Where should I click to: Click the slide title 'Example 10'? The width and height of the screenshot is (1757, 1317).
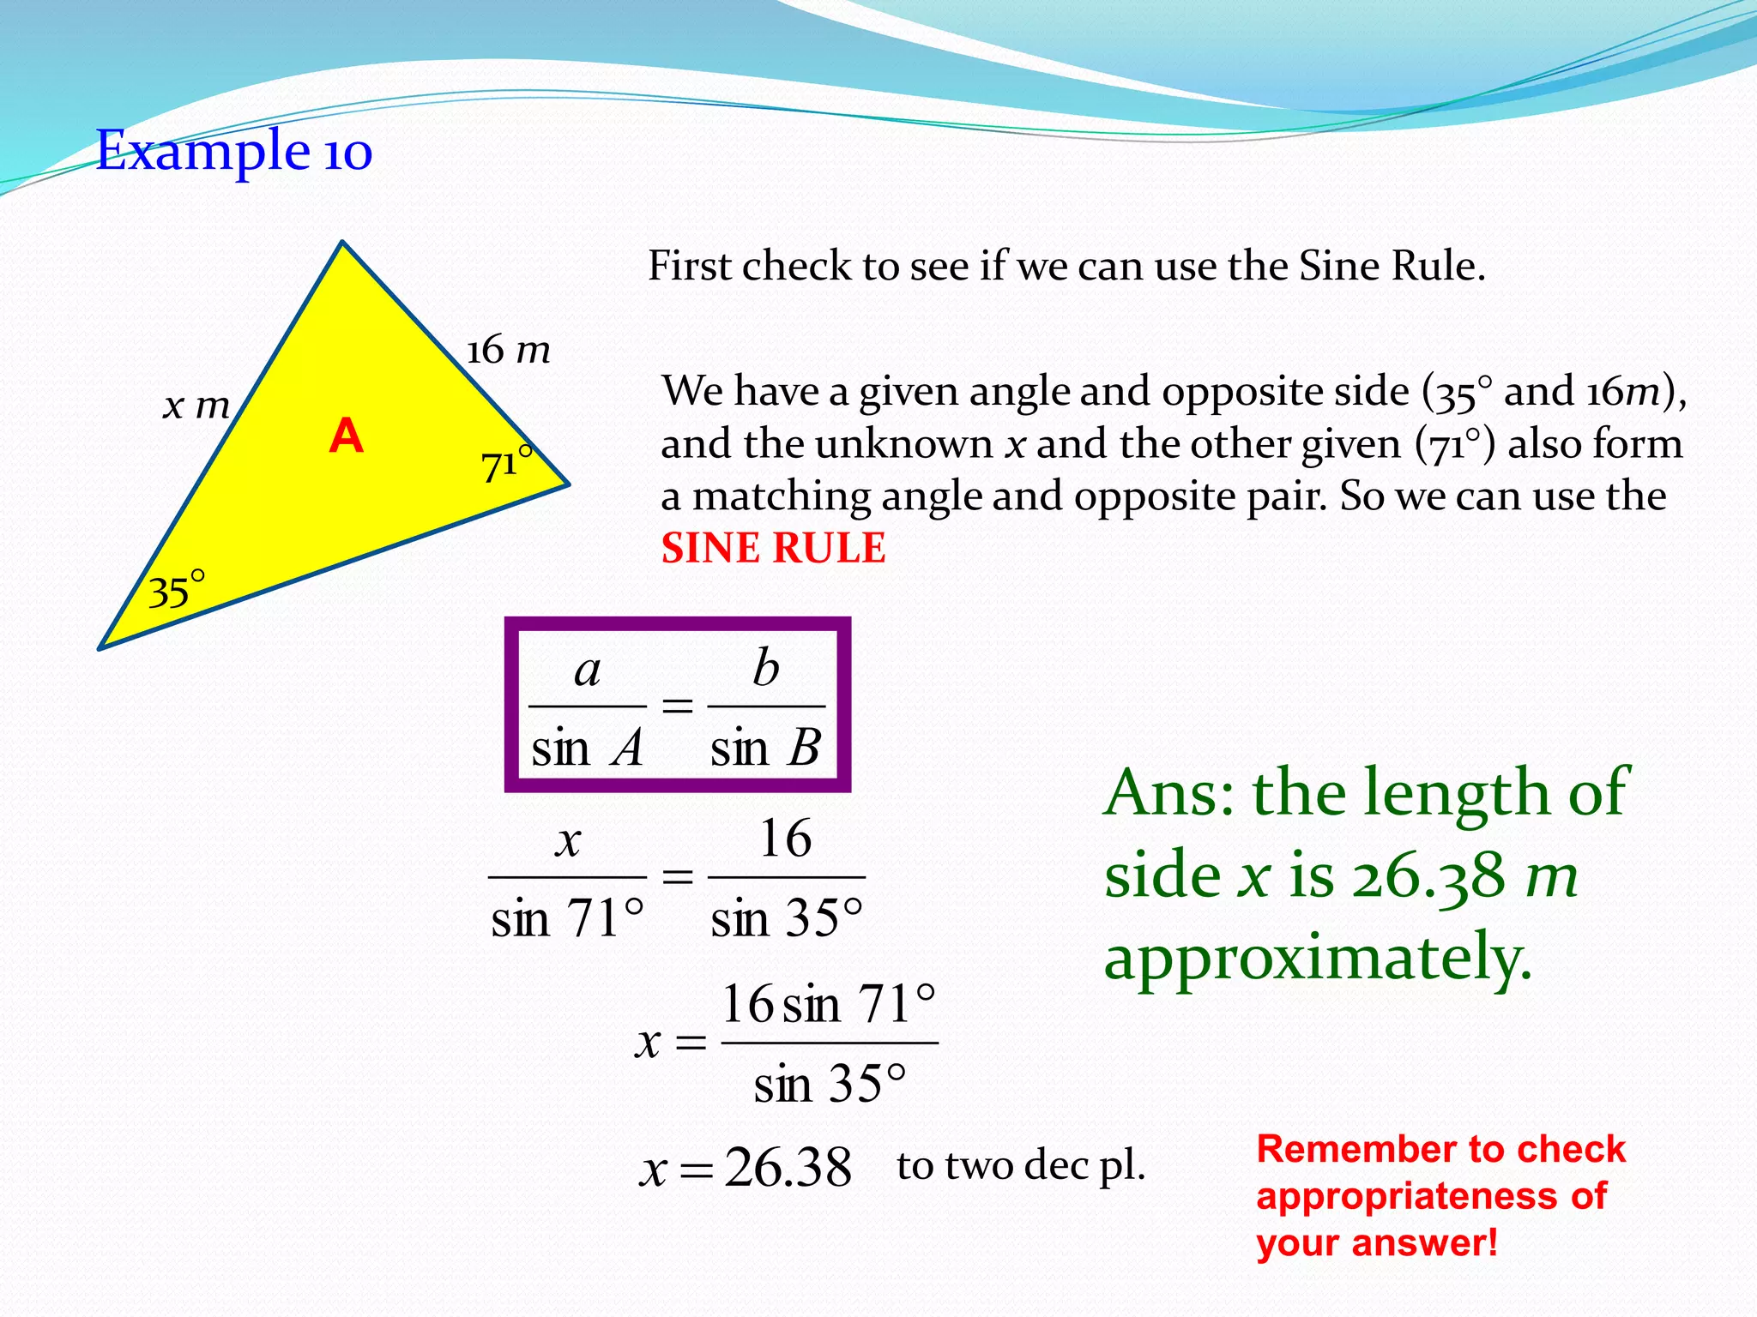point(233,151)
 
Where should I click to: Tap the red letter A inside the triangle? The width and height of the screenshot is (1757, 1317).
point(346,436)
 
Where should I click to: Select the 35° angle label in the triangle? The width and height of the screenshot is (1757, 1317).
point(176,590)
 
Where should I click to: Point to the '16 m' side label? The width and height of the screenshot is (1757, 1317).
point(508,350)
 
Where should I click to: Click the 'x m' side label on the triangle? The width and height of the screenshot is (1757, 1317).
point(196,405)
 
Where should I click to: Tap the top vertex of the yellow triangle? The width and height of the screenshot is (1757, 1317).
point(343,244)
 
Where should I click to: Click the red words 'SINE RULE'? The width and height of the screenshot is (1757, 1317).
point(773,548)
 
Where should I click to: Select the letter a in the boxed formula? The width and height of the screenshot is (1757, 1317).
point(587,670)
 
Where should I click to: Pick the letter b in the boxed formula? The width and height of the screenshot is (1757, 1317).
point(765,667)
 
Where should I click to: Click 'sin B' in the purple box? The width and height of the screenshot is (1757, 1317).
point(765,748)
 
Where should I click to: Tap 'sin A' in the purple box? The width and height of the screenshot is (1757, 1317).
point(587,748)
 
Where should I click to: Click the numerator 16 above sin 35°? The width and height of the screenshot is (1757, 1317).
point(785,838)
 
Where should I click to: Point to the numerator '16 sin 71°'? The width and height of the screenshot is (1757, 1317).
point(828,1003)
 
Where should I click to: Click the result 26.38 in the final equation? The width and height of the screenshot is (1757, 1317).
point(788,1167)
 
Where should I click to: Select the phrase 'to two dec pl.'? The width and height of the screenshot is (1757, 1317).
point(1021,1165)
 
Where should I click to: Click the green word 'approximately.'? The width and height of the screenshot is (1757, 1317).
point(1318,958)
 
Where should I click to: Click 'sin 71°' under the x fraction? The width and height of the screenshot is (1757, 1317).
point(567,918)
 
